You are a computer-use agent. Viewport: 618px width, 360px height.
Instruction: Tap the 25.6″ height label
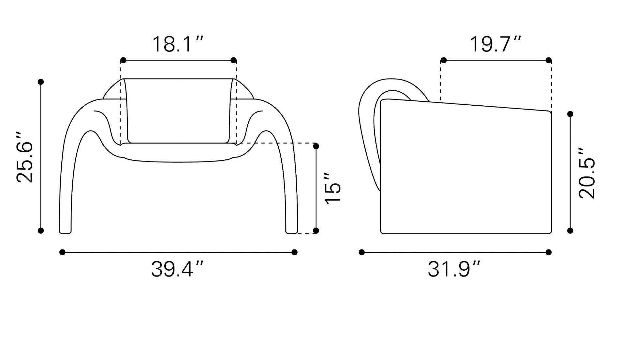click(x=25, y=157)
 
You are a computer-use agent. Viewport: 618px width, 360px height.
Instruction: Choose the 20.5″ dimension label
click(x=587, y=173)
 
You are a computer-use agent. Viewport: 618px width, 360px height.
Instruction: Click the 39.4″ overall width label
click(x=177, y=269)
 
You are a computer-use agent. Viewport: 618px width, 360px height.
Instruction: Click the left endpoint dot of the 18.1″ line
click(x=123, y=60)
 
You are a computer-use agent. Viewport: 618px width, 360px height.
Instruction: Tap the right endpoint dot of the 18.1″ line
click(x=233, y=60)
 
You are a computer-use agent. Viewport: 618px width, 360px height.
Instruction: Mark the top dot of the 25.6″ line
click(x=41, y=82)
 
